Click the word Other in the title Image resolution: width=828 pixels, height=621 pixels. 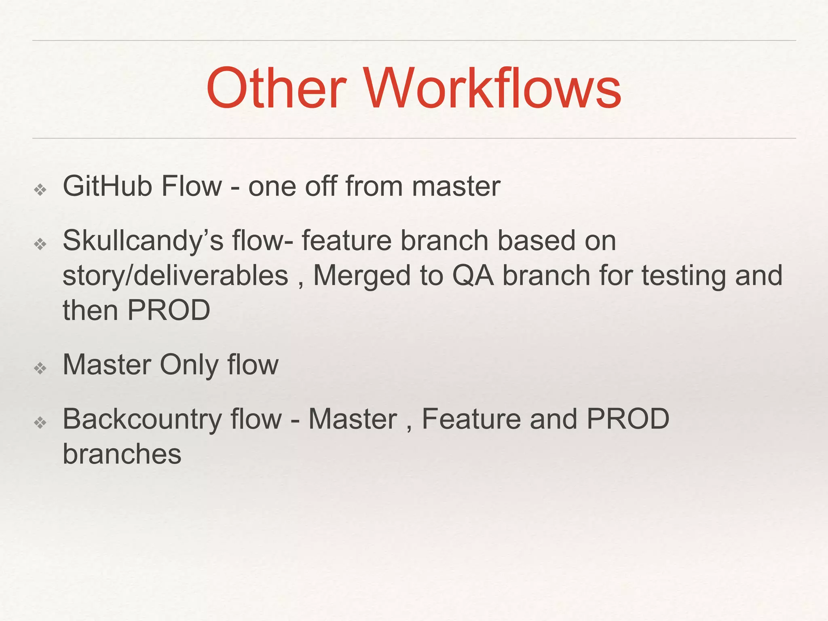[276, 89]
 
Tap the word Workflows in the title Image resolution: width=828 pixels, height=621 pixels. [493, 89]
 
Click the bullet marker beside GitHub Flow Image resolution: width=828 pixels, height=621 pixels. [40, 189]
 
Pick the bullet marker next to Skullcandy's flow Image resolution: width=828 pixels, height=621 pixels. [40, 244]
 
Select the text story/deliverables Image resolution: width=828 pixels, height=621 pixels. [175, 276]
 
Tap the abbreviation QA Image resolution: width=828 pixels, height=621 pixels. [473, 276]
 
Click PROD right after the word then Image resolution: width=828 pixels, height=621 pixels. [169, 310]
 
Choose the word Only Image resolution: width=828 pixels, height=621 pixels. [189, 365]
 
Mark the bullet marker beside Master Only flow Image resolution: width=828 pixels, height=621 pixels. [40, 368]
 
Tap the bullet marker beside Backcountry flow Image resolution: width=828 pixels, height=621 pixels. [40, 423]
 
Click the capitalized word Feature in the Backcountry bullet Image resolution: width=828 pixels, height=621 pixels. [471, 419]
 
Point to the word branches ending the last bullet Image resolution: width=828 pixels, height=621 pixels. [122, 454]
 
